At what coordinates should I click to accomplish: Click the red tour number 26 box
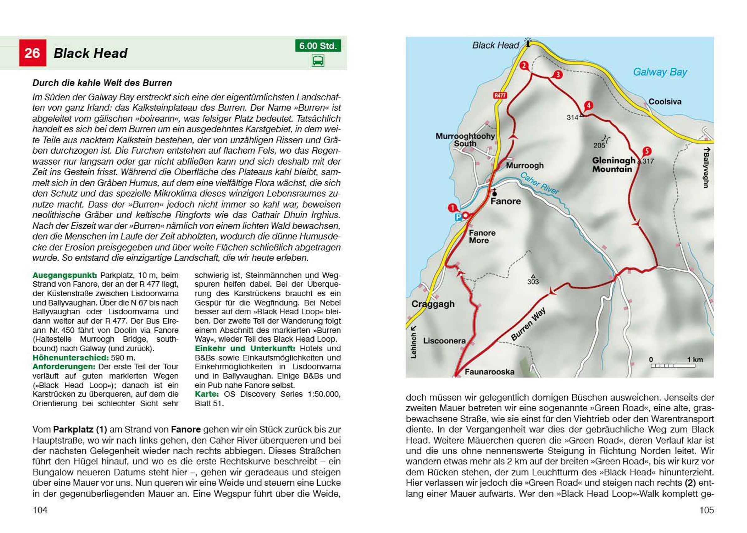coord(32,53)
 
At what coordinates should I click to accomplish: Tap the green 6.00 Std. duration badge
coord(317,45)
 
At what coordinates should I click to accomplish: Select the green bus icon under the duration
coord(317,61)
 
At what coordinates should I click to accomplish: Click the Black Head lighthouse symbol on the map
coord(528,42)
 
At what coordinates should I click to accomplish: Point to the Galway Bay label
coord(660,72)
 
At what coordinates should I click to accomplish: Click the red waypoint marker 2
coord(524,66)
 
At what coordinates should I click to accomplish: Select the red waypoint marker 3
coord(558,74)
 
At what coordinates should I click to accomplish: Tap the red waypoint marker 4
coord(589,105)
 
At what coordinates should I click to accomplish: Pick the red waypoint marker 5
coord(646,151)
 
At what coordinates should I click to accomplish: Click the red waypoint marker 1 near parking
coord(452,208)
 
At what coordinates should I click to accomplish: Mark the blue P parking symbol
coord(458,217)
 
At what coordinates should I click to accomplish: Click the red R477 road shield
coord(500,95)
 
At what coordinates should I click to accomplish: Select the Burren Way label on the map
coord(528,324)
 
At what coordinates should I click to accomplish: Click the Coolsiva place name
coord(665,102)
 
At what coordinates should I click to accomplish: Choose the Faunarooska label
coord(489,372)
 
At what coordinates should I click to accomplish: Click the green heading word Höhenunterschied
coord(70,357)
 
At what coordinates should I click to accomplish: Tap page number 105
coord(706,510)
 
